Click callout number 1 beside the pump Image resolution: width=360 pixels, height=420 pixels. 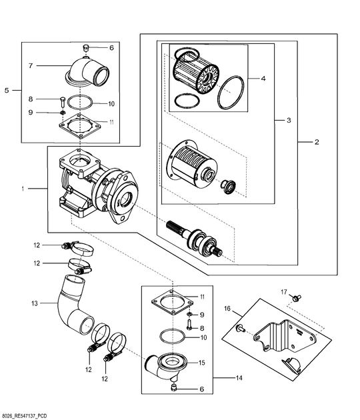click(x=23, y=189)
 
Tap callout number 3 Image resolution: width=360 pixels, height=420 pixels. click(x=289, y=121)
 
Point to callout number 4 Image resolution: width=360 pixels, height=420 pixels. click(x=263, y=78)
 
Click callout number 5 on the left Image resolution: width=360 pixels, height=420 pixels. click(x=7, y=89)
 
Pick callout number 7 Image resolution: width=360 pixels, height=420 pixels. click(x=31, y=66)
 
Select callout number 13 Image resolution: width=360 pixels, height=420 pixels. click(x=35, y=303)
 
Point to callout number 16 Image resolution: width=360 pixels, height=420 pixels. click(x=227, y=309)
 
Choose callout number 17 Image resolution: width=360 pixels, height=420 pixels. click(x=283, y=292)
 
